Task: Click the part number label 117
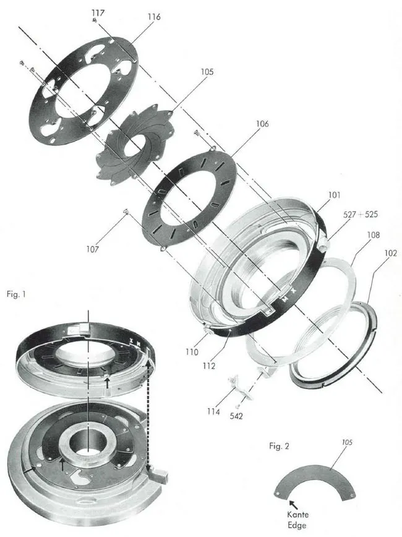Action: click(x=98, y=12)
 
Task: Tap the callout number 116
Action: click(x=154, y=17)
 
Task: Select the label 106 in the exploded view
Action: click(x=262, y=124)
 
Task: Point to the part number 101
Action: click(x=333, y=195)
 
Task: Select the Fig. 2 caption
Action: click(x=280, y=445)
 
